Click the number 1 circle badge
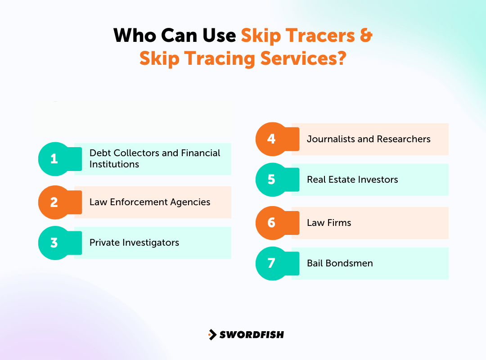click(x=54, y=159)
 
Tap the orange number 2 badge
click(x=54, y=202)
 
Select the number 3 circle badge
click(x=54, y=243)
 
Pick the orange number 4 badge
click(x=271, y=139)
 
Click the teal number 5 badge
click(x=271, y=180)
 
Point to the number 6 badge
click(x=271, y=223)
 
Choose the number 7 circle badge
click(x=271, y=263)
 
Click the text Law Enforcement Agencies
click(x=150, y=202)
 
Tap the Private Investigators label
click(x=134, y=243)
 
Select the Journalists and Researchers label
click(x=369, y=139)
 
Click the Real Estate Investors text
click(x=352, y=180)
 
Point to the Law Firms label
click(x=329, y=223)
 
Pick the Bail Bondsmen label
click(x=340, y=263)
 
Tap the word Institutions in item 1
click(x=114, y=164)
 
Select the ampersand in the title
click(x=366, y=36)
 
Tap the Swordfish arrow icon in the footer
click(x=212, y=334)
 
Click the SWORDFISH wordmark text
click(x=252, y=334)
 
